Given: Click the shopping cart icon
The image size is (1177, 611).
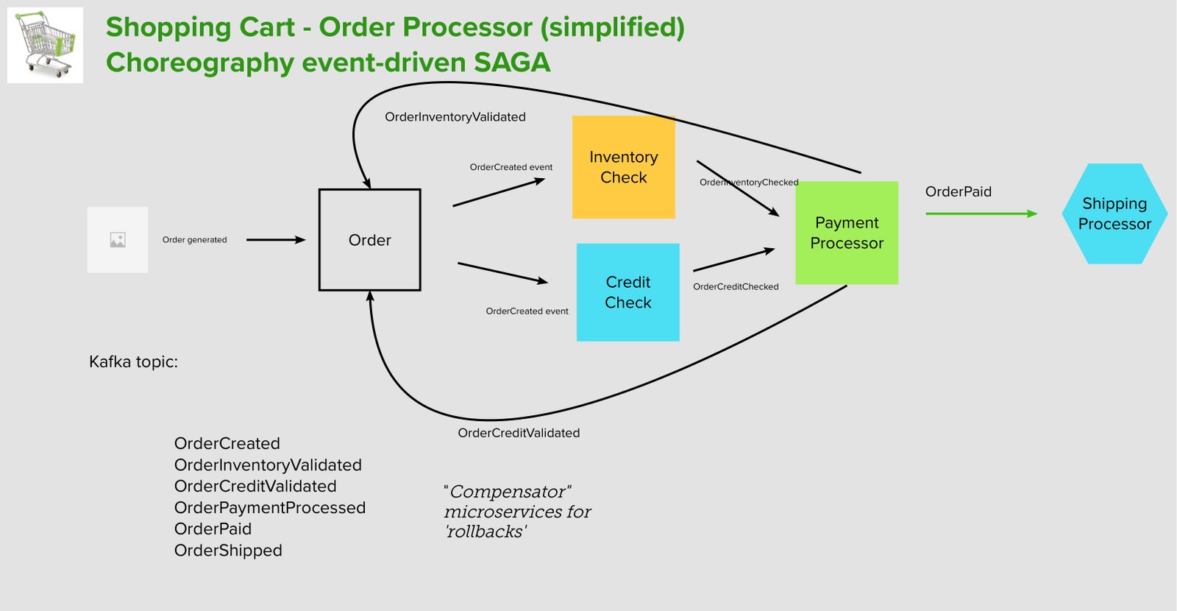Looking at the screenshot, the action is pyautogui.click(x=45, y=45).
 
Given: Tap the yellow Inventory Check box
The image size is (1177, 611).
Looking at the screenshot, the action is pyautogui.click(x=624, y=167).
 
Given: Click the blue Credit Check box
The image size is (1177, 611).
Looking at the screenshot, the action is pyautogui.click(x=628, y=292).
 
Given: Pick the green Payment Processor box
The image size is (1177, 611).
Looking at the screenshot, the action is pyautogui.click(x=847, y=233).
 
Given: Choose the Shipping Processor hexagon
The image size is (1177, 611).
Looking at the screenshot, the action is pyautogui.click(x=1115, y=213).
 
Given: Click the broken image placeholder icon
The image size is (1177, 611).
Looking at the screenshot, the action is pyautogui.click(x=118, y=240).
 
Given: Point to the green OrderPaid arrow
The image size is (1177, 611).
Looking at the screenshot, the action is pyautogui.click(x=981, y=213).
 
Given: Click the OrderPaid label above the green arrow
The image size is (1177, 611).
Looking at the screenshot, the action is pyautogui.click(x=959, y=191).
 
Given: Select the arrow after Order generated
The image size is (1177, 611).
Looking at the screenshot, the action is pyautogui.click(x=276, y=240).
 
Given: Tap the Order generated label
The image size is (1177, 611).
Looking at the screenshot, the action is pyautogui.click(x=194, y=240).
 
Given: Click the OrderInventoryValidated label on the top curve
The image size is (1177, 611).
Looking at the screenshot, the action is pyautogui.click(x=455, y=117).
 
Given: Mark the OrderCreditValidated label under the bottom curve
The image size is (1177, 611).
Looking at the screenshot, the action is pyautogui.click(x=519, y=433).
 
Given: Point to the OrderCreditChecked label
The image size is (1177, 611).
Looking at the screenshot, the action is pyautogui.click(x=736, y=286).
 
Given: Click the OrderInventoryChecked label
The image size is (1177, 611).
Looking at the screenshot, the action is pyautogui.click(x=749, y=182).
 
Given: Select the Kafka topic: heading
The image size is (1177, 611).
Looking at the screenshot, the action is pyautogui.click(x=133, y=361).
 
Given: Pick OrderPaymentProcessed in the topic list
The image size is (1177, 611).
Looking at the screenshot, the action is pyautogui.click(x=269, y=507).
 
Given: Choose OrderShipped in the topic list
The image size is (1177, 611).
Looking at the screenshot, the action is pyautogui.click(x=228, y=550).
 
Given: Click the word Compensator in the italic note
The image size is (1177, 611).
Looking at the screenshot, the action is pyautogui.click(x=508, y=492).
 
